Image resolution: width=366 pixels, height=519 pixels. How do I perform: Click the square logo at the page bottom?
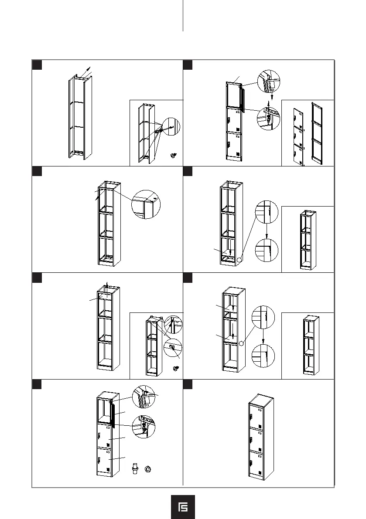point(183,507)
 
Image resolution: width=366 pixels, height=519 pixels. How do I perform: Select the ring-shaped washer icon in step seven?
point(148,469)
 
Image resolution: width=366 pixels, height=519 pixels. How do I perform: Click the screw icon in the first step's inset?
point(174,156)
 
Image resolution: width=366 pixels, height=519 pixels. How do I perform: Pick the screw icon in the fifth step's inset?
point(176,369)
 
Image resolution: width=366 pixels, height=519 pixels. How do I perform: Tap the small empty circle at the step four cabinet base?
point(239,260)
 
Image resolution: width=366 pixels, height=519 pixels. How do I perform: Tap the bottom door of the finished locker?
point(256,465)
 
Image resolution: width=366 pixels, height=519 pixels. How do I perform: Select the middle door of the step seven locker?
point(105,436)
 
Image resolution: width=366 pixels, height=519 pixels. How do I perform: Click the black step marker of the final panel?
point(188,383)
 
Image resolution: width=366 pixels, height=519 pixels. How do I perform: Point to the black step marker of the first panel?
point(38,64)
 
